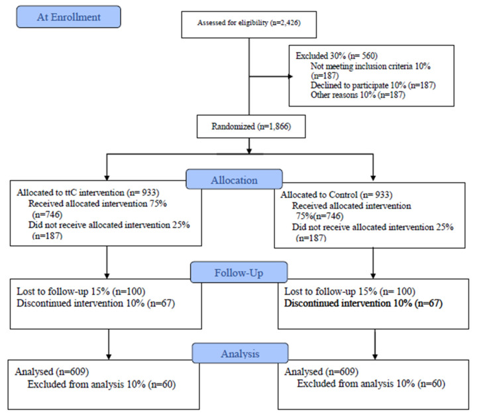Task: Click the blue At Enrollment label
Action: point(68,17)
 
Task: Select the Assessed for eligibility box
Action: point(249,24)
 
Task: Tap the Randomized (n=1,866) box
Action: point(251,126)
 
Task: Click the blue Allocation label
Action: point(235,179)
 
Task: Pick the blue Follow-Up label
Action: point(238,272)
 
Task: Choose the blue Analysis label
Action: point(240,353)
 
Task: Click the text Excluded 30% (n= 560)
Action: point(337,56)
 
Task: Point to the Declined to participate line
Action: point(373,85)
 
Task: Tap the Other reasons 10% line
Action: point(358,95)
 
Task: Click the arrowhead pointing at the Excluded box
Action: point(291,76)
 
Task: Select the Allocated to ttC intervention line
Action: point(88,192)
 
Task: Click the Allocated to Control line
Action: point(337,194)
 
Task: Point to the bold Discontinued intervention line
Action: point(363,303)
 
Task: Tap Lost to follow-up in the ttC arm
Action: point(81,291)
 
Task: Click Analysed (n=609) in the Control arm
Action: point(321,372)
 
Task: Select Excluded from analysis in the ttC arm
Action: point(101,384)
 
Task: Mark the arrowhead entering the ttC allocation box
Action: point(107,178)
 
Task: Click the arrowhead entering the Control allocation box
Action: point(373,178)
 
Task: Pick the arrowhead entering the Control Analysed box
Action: point(375,356)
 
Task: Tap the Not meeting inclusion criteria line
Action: point(370,71)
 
